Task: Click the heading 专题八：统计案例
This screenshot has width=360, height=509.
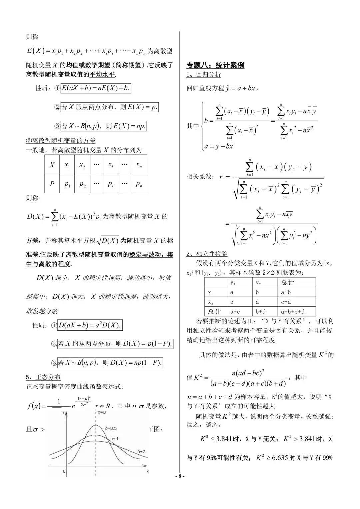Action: click(x=215, y=65)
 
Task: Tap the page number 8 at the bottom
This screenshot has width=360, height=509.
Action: click(x=180, y=476)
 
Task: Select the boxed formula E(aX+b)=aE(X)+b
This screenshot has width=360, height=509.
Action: click(x=95, y=88)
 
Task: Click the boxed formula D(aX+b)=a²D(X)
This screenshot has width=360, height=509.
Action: click(x=90, y=325)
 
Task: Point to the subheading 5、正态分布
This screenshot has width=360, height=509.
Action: click(x=43, y=377)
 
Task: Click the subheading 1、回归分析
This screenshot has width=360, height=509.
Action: click(x=204, y=75)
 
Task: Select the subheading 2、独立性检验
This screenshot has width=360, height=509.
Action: click(x=207, y=254)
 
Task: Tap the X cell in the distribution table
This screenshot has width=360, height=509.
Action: click(x=52, y=165)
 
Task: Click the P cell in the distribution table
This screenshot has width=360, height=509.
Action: click(x=52, y=184)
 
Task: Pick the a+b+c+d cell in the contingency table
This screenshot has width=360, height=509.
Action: click(x=293, y=312)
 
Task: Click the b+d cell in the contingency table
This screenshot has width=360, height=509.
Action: click(x=260, y=312)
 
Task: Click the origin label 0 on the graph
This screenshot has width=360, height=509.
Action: click(x=64, y=471)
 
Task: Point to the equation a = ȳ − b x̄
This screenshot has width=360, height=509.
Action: click(x=219, y=146)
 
